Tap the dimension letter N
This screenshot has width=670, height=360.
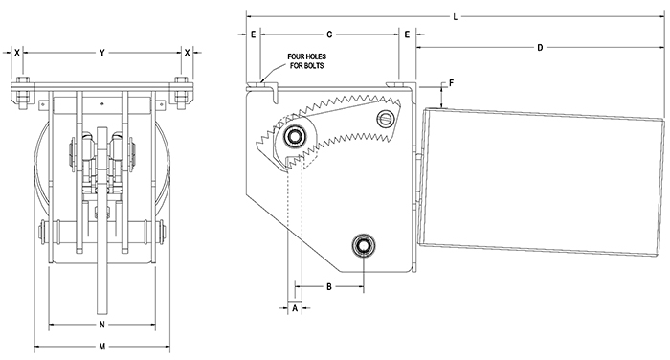pos(101,325)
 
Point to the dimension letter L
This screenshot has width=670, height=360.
pos(455,16)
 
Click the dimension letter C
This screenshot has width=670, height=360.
pos(329,34)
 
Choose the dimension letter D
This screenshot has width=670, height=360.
pos(540,47)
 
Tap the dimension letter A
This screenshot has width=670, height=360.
pos(295,308)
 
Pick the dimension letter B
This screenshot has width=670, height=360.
pos(327,286)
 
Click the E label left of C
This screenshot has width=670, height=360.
pos(253,34)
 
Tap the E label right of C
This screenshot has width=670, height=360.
pos(407,34)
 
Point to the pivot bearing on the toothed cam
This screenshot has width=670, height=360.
pos(296,137)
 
